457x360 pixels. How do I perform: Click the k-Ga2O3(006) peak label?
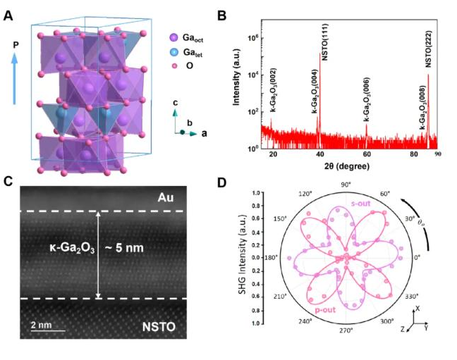367,99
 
